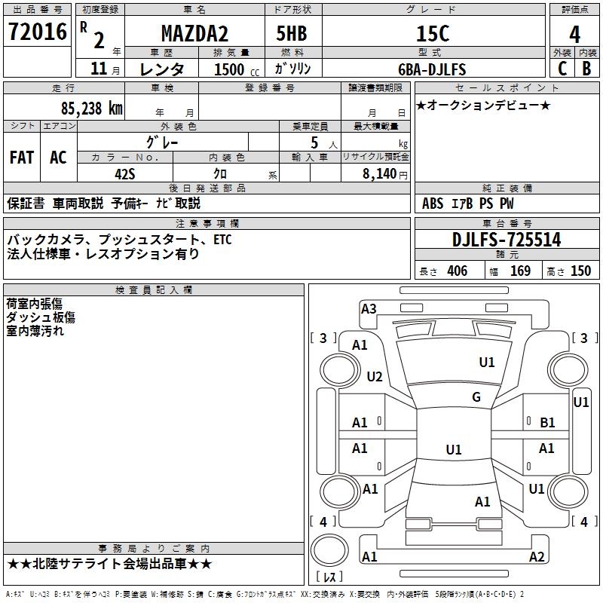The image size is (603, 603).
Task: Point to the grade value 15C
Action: click(x=433, y=34)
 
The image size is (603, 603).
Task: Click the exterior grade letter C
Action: click(x=562, y=68)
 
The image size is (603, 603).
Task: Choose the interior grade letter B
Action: click(x=587, y=68)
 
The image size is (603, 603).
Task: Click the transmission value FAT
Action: click(x=21, y=157)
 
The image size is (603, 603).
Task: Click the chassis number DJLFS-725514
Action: click(x=507, y=240)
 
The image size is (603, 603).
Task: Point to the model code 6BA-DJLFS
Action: click(x=432, y=69)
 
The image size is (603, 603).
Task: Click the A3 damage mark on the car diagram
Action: click(x=369, y=308)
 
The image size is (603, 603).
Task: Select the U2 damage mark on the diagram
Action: click(x=375, y=376)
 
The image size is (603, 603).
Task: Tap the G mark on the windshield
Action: click(x=476, y=397)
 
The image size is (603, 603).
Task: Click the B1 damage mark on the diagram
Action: click(x=547, y=423)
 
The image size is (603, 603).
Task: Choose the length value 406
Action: click(x=457, y=271)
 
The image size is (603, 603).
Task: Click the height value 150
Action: click(x=580, y=271)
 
